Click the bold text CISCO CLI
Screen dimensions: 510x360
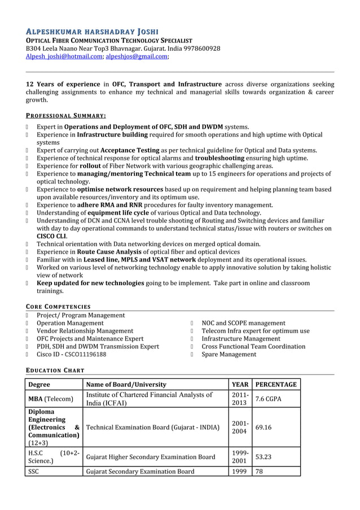pos(51,236)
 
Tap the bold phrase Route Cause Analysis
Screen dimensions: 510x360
pos(109,252)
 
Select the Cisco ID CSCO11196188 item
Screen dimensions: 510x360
pos(71,355)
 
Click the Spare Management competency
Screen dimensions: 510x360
pos(229,355)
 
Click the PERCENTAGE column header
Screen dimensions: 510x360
pos(276,385)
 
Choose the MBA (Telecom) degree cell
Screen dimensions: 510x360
pos(51,399)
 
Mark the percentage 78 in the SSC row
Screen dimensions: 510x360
pos(260,472)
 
